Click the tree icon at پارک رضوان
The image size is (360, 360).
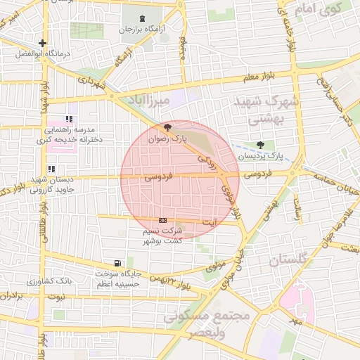(x=167, y=128)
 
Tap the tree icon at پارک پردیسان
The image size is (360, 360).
(x=261, y=145)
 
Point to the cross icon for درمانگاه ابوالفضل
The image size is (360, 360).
(x=44, y=43)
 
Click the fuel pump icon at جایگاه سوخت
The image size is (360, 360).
(x=108, y=263)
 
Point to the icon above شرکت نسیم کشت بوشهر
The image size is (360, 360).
(x=163, y=220)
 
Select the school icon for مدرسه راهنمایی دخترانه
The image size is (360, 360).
(x=68, y=120)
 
